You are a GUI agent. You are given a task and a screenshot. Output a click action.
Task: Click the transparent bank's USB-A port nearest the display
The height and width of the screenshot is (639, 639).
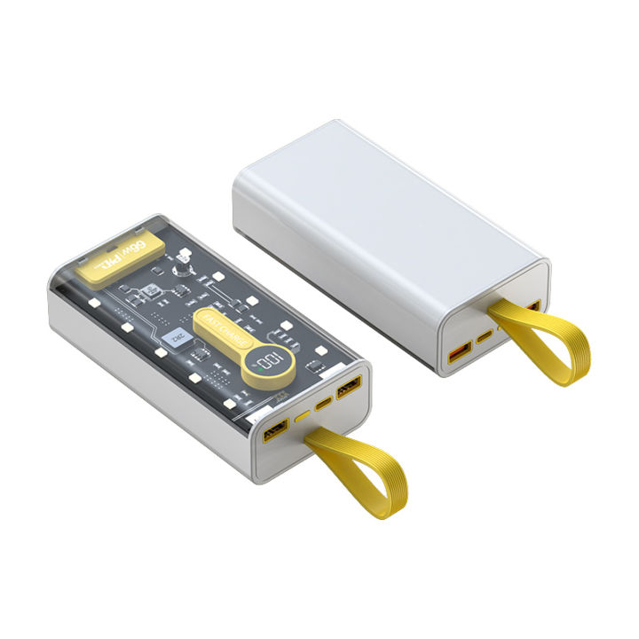[x=347, y=387]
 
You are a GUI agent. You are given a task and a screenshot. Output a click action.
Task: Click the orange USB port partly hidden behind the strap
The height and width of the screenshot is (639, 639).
[x=532, y=308]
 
